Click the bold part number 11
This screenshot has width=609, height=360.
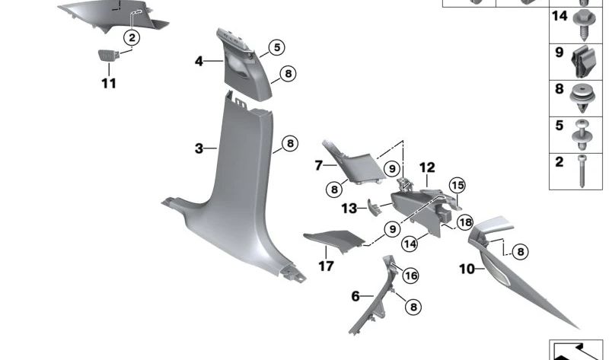pyautogui.click(x=109, y=83)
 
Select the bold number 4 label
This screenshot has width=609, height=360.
pyautogui.click(x=199, y=60)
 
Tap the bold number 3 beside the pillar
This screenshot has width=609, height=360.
pyautogui.click(x=199, y=148)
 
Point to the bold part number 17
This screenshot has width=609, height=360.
pyautogui.click(x=326, y=267)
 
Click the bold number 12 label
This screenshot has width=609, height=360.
pyautogui.click(x=426, y=167)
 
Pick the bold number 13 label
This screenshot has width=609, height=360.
pyautogui.click(x=349, y=209)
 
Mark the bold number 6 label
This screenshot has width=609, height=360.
pyautogui.click(x=356, y=296)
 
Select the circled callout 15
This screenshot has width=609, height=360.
pyautogui.click(x=457, y=185)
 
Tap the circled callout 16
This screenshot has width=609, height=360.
pyautogui.click(x=410, y=275)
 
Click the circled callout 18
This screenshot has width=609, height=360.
pyautogui.click(x=464, y=222)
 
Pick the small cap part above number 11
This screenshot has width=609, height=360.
pyautogui.click(x=107, y=55)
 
